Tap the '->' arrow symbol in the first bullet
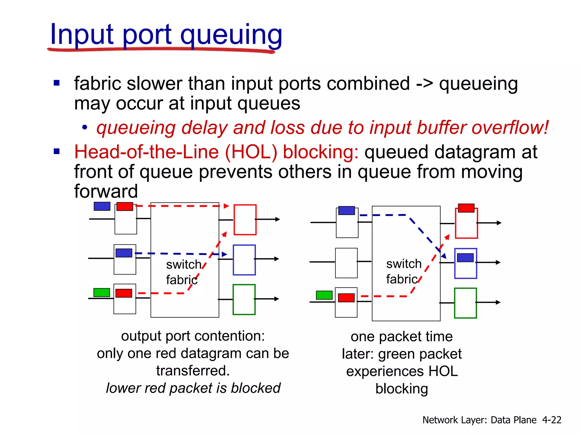click(424, 84)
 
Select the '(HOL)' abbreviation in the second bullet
click(251, 152)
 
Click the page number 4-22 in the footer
click(551, 420)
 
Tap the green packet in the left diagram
click(102, 292)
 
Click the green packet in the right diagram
click(324, 295)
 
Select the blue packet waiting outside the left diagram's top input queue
click(102, 206)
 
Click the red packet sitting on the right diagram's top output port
click(466, 208)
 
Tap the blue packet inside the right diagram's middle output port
click(465, 258)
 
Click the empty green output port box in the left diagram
click(244, 300)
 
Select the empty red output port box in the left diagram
click(245, 220)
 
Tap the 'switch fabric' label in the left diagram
click(183, 272)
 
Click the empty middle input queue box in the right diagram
click(346, 263)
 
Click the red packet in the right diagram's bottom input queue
click(346, 298)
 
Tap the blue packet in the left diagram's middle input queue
click(124, 253)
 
